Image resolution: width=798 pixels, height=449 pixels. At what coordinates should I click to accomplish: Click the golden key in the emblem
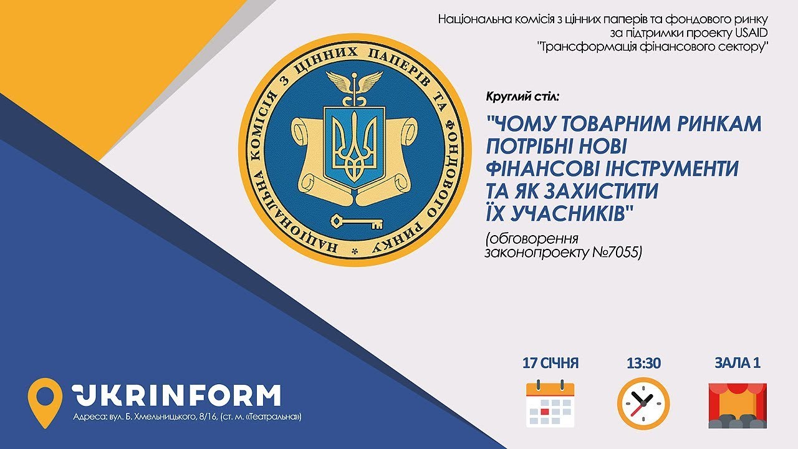[x=357, y=222]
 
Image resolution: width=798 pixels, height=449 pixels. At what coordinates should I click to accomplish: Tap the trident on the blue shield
[x=354, y=145]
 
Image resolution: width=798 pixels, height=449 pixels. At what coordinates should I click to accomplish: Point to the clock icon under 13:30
[x=643, y=403]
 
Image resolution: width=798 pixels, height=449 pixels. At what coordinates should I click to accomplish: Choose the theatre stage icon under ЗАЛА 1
[x=738, y=405]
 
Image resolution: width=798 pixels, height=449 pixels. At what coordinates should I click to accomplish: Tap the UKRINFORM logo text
[x=176, y=395]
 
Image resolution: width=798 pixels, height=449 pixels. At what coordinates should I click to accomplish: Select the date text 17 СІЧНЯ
[x=550, y=363]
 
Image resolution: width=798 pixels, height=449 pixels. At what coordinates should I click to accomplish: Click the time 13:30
[x=644, y=363]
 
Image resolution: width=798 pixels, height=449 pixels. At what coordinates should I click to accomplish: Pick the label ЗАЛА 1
[x=738, y=363]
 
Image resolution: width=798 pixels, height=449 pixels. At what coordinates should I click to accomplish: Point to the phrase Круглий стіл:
[x=522, y=96]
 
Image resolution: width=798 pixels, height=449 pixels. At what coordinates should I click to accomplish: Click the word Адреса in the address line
[x=87, y=417]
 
